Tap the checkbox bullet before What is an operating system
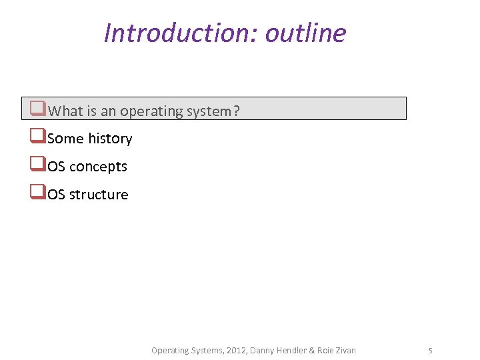38,109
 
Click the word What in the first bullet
65,111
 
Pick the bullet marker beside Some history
38,137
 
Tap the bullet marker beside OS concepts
38,165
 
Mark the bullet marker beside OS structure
38,193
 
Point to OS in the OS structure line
57,195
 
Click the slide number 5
431,350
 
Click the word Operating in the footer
169,350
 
